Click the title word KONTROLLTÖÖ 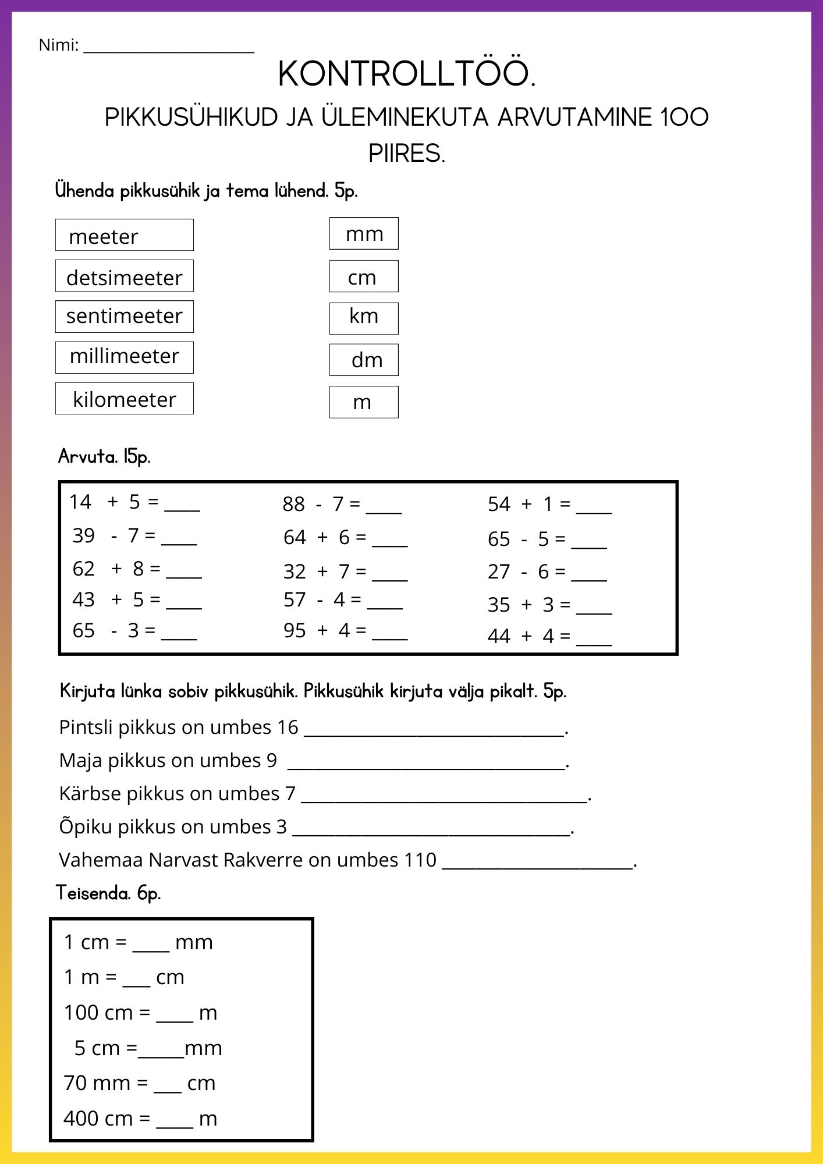point(406,74)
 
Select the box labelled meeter point(124,235)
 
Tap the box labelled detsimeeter point(124,276)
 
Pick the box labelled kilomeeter point(124,399)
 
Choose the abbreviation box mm point(364,234)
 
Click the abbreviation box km point(364,318)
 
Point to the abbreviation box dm point(364,360)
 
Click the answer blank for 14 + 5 point(182,508)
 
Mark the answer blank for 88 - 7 point(384,510)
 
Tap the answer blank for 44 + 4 point(594,642)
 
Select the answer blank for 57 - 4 point(385,605)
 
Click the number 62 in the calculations point(83,569)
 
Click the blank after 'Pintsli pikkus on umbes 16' point(434,733)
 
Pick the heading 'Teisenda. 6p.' point(108,892)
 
